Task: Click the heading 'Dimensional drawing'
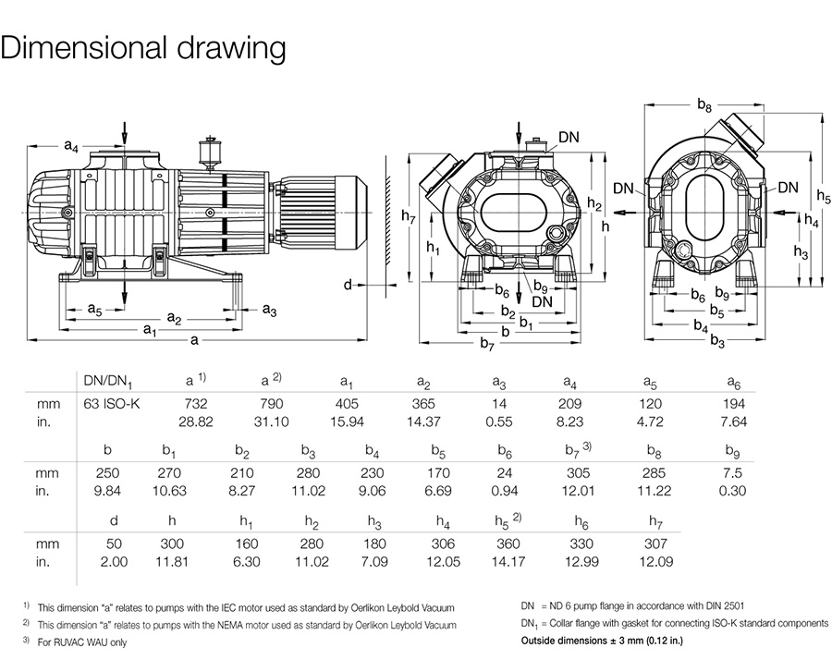pos(142,49)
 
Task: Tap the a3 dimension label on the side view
pos(269,309)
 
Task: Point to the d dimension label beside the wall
pos(348,285)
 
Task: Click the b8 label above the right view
pos(704,105)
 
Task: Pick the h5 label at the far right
pos(824,196)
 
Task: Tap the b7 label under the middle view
pos(487,344)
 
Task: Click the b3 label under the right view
pos(717,341)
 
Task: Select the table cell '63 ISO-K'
pos(109,403)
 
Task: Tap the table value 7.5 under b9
pos(732,472)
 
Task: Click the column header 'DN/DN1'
pos(109,381)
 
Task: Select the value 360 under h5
pos(507,543)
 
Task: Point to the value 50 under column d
pos(114,543)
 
